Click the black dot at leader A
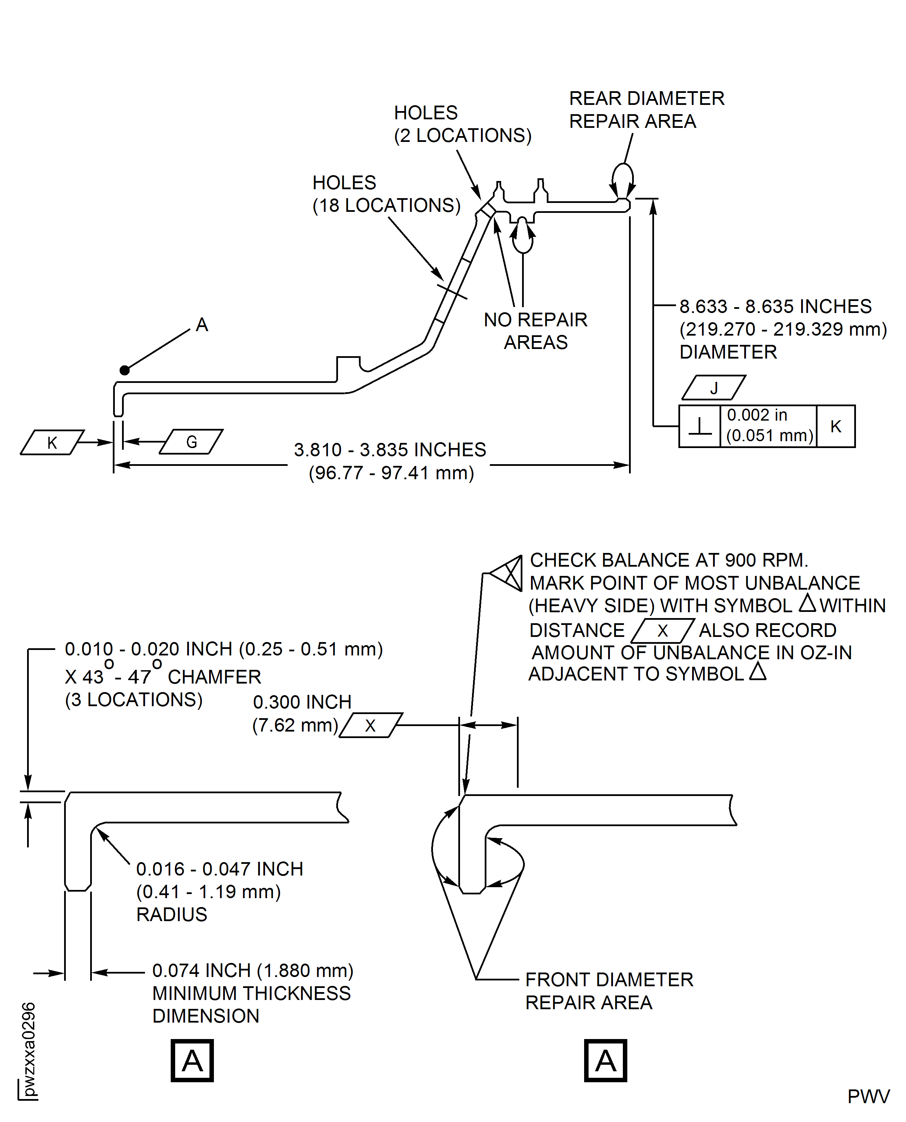point(124,370)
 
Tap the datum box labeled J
point(713,388)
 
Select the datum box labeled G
point(191,442)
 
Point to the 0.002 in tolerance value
point(757,415)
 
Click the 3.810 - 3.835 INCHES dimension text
point(390,450)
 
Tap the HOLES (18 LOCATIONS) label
point(386,194)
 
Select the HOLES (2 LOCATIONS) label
point(462,124)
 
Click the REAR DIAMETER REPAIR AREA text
point(646,110)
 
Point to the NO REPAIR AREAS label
point(535,331)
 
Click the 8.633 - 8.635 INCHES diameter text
point(775,306)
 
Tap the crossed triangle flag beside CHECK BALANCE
point(508,574)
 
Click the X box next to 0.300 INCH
point(371,725)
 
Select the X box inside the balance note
point(662,630)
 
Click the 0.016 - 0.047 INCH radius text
point(219,869)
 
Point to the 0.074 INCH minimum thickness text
point(253,971)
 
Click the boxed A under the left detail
point(192,1061)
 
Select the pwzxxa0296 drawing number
point(29,1049)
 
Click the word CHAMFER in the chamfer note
point(214,677)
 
